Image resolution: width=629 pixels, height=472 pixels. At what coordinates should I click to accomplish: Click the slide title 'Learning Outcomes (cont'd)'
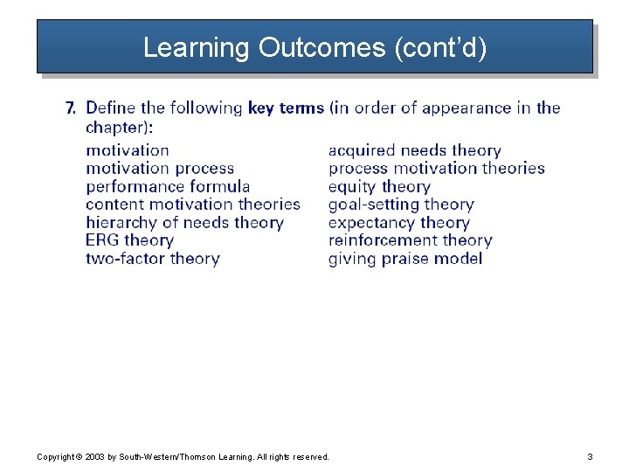click(x=314, y=47)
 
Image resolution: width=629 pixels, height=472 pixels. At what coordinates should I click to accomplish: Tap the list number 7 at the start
click(x=71, y=108)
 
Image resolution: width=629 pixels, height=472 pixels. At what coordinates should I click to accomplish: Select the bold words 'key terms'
click(x=286, y=108)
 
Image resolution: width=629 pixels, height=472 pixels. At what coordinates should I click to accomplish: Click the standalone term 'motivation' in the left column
click(x=128, y=150)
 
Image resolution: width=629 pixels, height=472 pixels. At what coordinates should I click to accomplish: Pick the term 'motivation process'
click(x=160, y=168)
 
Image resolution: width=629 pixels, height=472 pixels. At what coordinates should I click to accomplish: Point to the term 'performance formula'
click(x=168, y=186)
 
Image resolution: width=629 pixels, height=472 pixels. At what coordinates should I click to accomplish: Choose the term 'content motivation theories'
click(x=192, y=205)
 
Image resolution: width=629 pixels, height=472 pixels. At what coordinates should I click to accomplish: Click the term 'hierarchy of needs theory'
click(x=184, y=222)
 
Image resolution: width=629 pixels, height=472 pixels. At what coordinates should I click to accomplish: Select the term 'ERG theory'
click(x=129, y=240)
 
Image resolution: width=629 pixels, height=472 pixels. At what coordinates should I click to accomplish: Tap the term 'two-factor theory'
click(x=152, y=259)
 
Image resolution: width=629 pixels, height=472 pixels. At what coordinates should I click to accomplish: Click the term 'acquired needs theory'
click(x=414, y=150)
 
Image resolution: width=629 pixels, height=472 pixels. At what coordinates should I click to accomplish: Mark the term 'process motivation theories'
click(x=436, y=168)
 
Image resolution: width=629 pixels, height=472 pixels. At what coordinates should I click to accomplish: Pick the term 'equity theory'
click(x=379, y=186)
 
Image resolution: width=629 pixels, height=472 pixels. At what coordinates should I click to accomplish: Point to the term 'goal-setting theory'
click(x=401, y=205)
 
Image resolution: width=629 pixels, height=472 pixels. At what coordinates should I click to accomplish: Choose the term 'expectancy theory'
click(x=398, y=222)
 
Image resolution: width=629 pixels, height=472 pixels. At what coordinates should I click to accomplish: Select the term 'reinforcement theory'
click(x=410, y=240)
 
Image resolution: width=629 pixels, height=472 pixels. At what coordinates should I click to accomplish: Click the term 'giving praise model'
click(x=404, y=259)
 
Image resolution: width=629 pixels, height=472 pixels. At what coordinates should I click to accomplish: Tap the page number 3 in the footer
click(x=590, y=456)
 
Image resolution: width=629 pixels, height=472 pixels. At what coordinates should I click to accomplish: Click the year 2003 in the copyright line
click(x=94, y=456)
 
